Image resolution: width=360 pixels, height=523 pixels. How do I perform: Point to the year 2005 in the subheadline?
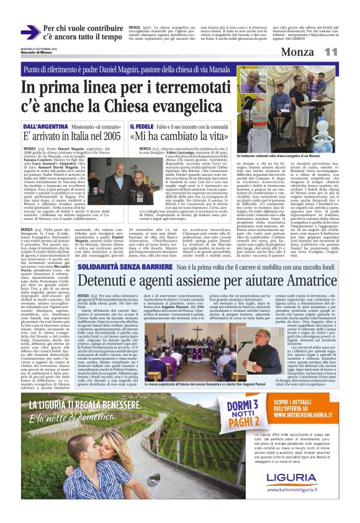[103, 136]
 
